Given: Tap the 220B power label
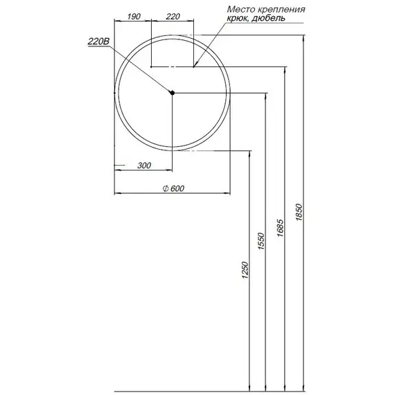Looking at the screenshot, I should click(x=98, y=42).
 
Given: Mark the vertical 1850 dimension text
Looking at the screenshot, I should click(x=299, y=211).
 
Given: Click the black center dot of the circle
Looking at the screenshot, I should click(x=173, y=93).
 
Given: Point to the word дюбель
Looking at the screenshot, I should click(x=270, y=19).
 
